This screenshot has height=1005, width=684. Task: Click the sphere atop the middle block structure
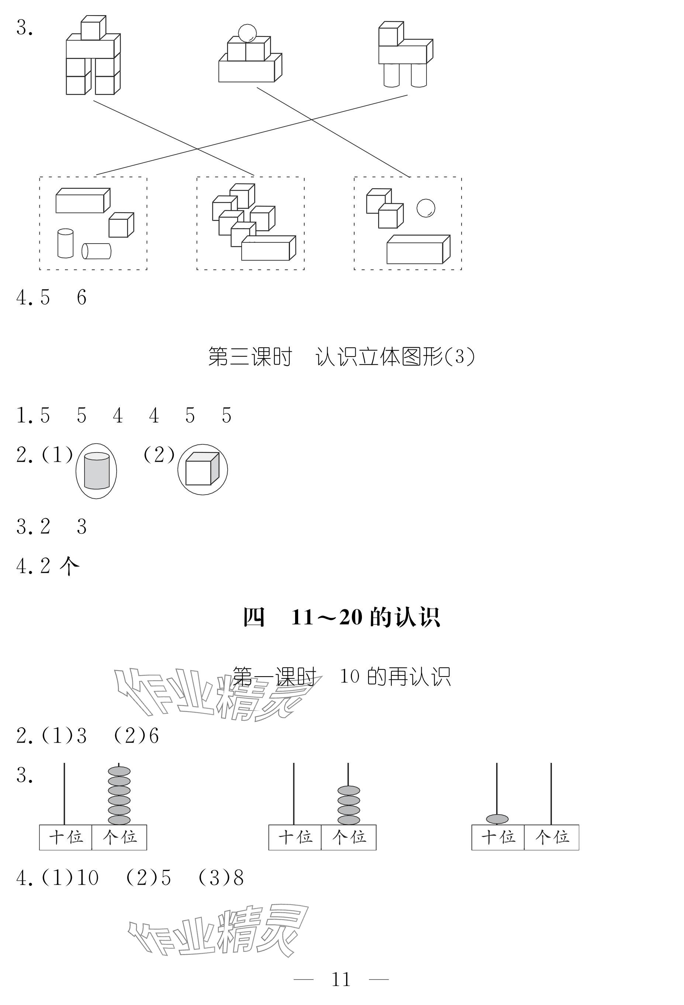click(x=247, y=32)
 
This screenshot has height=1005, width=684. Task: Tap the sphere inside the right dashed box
click(x=425, y=208)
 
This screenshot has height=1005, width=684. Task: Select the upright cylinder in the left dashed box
click(x=65, y=244)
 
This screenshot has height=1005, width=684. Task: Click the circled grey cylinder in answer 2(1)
click(x=96, y=471)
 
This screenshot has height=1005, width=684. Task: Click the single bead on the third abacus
click(x=497, y=819)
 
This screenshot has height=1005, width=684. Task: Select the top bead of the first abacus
click(x=119, y=771)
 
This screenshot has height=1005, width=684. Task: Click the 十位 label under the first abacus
click(x=66, y=837)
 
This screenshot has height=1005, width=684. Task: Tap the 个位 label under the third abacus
click(x=552, y=837)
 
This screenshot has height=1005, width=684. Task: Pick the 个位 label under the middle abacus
click(x=349, y=837)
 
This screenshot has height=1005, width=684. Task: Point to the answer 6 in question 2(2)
click(x=154, y=736)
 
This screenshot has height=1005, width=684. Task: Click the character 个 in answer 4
click(x=70, y=566)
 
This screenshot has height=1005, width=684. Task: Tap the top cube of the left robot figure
click(x=93, y=28)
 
